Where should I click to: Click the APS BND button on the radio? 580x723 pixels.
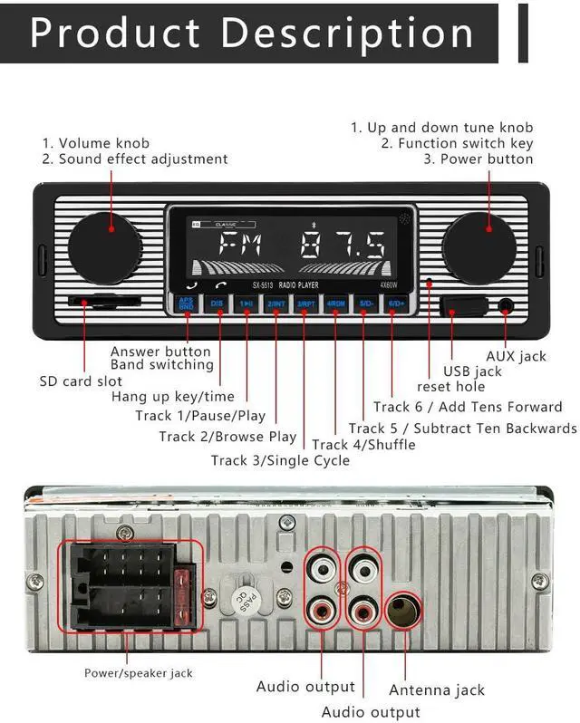186,304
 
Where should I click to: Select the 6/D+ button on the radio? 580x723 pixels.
395,304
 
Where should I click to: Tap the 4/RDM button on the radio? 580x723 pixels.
335,304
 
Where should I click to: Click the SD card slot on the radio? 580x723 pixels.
102,302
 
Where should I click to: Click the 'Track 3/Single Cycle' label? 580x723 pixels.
280,460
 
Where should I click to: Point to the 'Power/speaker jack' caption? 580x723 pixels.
139,673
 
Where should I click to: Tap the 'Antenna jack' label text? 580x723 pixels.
437,690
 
